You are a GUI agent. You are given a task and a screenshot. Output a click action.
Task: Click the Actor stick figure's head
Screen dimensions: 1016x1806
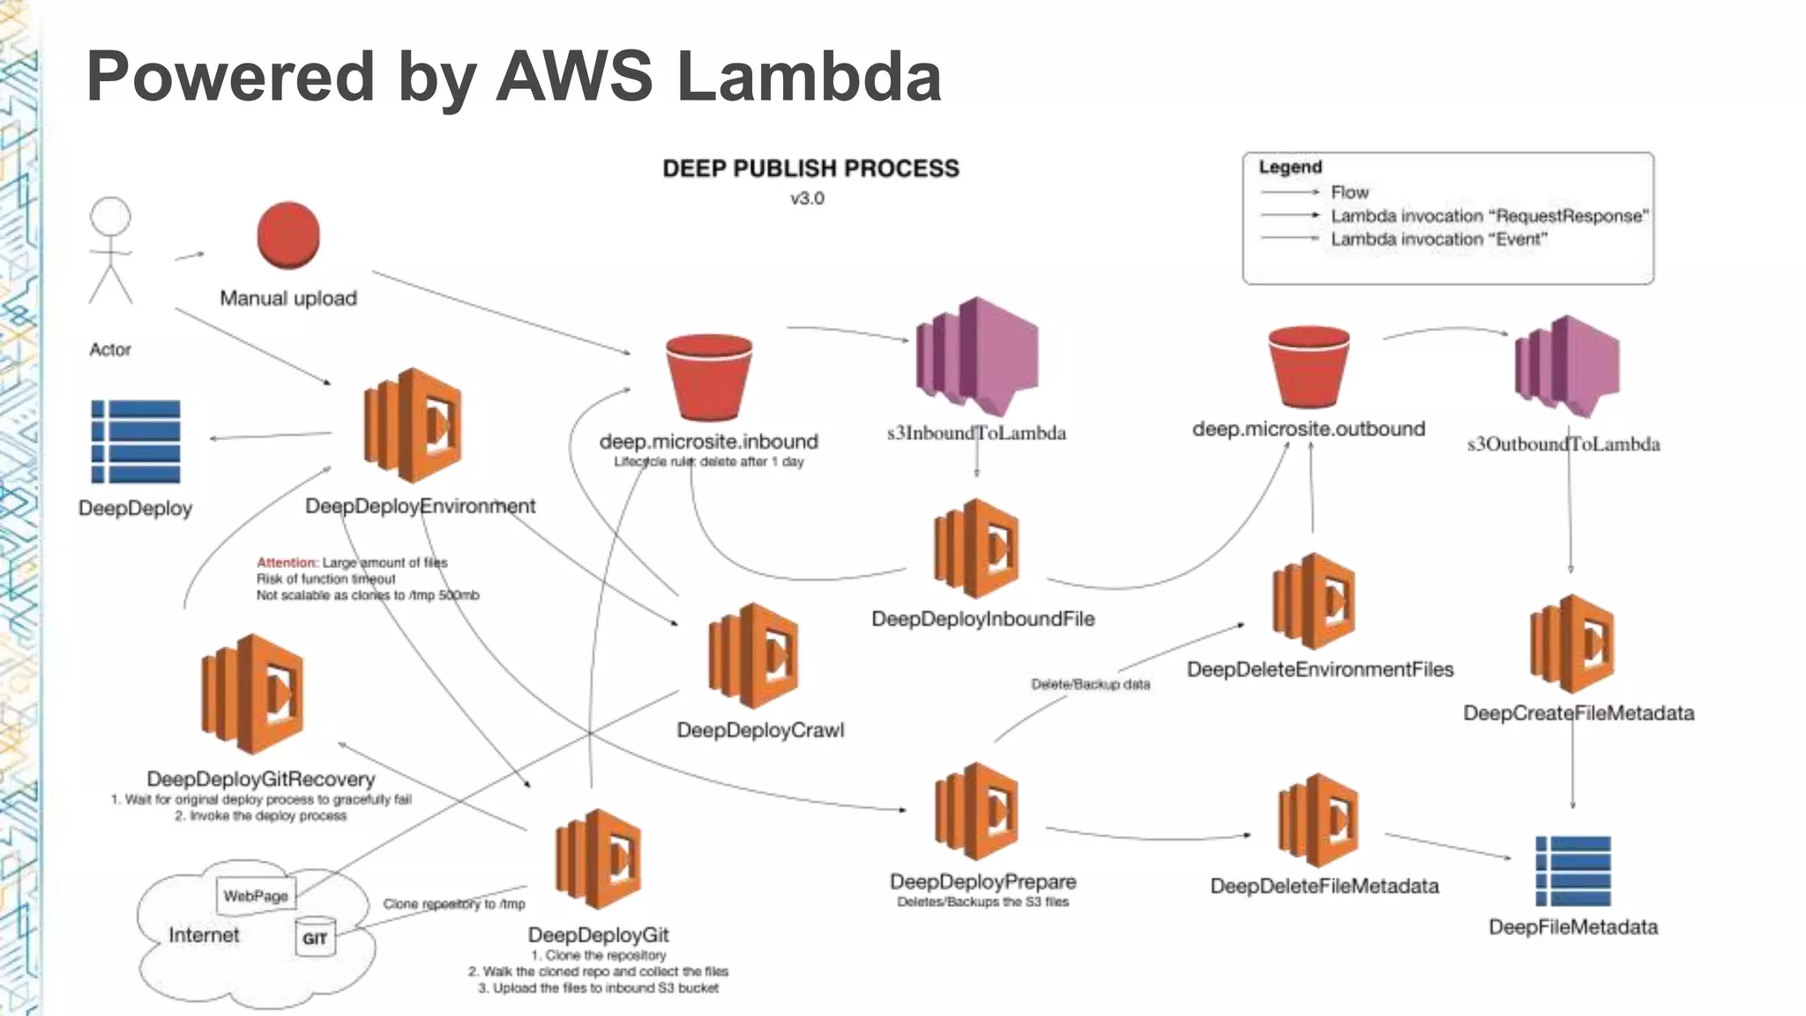[110, 217]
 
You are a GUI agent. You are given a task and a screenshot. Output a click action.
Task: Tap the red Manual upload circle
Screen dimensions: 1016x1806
[288, 235]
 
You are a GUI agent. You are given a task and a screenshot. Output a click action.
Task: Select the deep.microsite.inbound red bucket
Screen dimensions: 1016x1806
[709, 377]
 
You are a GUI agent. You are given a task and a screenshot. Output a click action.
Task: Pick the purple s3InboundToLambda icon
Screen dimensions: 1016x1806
[976, 356]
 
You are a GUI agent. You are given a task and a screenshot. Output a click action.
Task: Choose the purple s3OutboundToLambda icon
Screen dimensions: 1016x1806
[1567, 366]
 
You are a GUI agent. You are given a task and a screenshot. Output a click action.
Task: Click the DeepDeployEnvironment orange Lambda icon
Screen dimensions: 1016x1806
[413, 426]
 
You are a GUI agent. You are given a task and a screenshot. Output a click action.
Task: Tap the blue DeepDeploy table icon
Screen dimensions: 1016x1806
[136, 441]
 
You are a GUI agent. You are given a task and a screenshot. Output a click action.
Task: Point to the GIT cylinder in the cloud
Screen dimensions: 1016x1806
[315, 937]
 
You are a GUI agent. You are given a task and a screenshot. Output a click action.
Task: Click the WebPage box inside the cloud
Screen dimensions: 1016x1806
[256, 896]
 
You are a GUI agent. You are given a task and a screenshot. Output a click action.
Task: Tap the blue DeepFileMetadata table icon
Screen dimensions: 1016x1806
[1573, 871]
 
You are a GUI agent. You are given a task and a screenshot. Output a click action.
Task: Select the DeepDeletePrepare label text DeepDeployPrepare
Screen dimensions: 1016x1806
[982, 881]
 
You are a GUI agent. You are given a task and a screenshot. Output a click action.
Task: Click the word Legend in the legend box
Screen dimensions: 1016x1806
[1290, 167]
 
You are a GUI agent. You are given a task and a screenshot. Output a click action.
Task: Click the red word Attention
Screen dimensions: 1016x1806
[286, 562]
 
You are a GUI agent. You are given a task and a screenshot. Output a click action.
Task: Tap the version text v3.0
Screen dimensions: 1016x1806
[807, 198]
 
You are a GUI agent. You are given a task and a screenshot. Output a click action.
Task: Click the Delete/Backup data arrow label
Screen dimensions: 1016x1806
[1090, 684]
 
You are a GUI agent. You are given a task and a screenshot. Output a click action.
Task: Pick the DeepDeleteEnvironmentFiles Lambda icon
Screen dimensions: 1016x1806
[1315, 602]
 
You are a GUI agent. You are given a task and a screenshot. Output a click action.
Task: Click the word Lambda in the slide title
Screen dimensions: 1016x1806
[809, 76]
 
